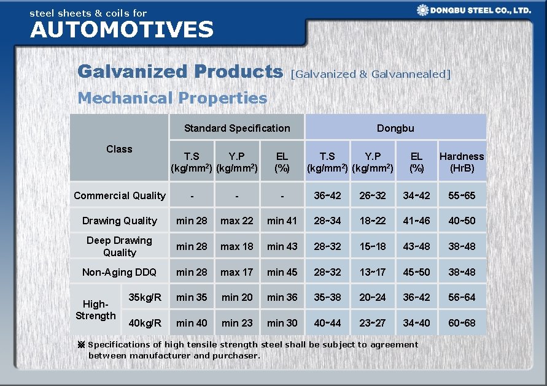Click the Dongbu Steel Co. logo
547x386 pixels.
tap(473, 10)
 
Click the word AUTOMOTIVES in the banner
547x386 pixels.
tap(122, 29)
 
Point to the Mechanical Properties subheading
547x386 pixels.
tap(173, 98)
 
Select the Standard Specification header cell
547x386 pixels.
tap(237, 128)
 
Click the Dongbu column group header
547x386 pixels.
tap(395, 128)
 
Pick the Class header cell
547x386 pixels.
tap(119, 149)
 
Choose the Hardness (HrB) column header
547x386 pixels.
tap(462, 162)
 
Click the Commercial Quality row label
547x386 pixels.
tap(119, 195)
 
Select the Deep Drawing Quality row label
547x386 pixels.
tap(119, 246)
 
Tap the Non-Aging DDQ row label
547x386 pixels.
tap(119, 272)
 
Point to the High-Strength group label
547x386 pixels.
tap(95, 310)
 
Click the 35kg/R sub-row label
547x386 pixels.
tap(145, 297)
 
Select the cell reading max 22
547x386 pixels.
tap(237, 221)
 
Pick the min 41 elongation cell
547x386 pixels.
tap(282, 221)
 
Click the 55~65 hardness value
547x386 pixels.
tap(462, 195)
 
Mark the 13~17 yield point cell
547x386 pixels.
tap(372, 272)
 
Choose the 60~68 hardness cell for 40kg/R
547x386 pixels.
tap(462, 323)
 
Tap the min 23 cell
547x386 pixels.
tap(237, 323)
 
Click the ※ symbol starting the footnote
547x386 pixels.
tap(80, 345)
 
